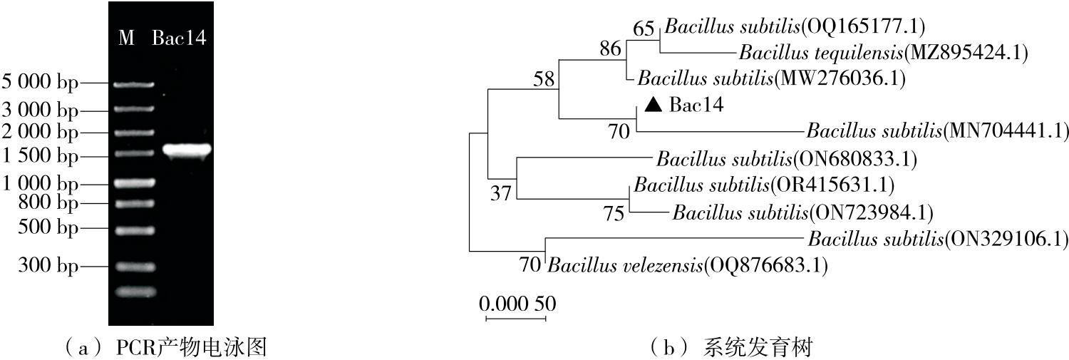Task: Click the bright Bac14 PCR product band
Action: pyautogui.click(x=187, y=150)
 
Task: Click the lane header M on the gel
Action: pyautogui.click(x=126, y=38)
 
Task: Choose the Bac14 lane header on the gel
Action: pyautogui.click(x=179, y=38)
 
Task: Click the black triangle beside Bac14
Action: pyautogui.click(x=651, y=106)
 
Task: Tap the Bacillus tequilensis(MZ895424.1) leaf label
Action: pyautogui.click(x=883, y=53)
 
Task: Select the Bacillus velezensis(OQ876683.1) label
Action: pyautogui.click(x=688, y=267)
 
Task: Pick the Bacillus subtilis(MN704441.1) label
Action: pyautogui.click(x=938, y=131)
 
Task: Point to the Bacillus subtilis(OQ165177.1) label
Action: pyautogui.click(x=794, y=27)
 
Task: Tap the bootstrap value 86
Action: pyautogui.click(x=610, y=49)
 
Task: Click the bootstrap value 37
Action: pyautogui.click(x=501, y=193)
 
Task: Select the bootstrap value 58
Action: pyautogui.click(x=544, y=79)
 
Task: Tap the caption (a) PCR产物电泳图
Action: pyautogui.click(x=165, y=349)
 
